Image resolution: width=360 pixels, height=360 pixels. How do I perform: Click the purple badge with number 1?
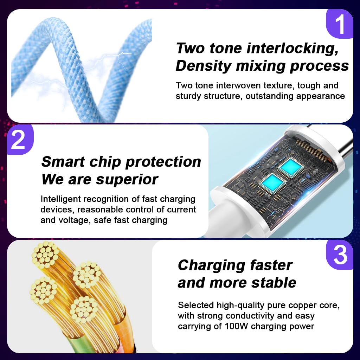(340, 24)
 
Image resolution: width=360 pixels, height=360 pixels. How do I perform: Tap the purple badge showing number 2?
(18, 140)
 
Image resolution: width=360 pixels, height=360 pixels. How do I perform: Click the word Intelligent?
(63, 199)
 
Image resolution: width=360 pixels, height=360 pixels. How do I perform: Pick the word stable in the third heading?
(274, 283)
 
